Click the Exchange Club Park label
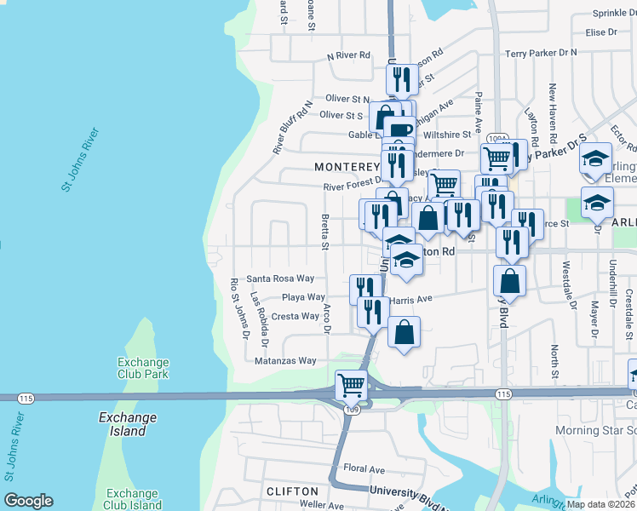tap(143, 367)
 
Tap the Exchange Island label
tap(128, 424)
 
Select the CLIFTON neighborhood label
tap(292, 491)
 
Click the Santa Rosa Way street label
tap(280, 278)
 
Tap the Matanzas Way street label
tap(285, 361)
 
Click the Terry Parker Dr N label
tap(541, 53)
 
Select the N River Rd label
tap(349, 55)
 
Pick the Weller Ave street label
tap(298, 505)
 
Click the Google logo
tap(28, 501)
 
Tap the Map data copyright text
tap(601, 504)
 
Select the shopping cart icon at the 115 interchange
tap(351, 385)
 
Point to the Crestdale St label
tap(629, 304)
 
